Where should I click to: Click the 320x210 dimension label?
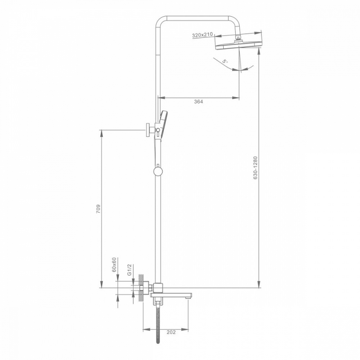tap(202, 36)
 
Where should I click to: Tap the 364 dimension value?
tap(198, 102)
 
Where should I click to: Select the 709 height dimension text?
tap(98, 209)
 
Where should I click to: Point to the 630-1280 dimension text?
tap(256, 168)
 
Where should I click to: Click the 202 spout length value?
tap(171, 332)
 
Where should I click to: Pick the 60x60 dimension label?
tap(114, 265)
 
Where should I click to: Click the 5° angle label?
tap(225, 61)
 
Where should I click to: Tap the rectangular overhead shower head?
tap(239, 45)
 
